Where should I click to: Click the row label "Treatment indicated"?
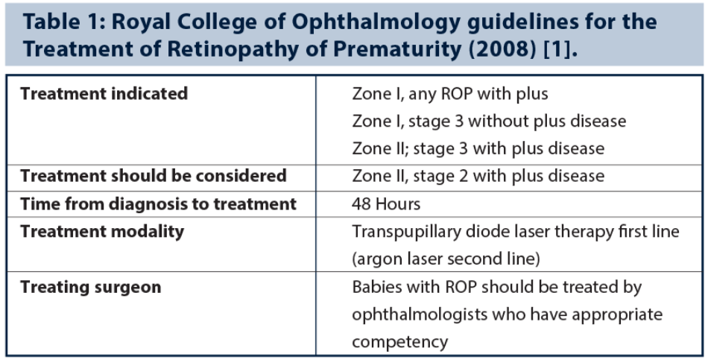point(104,93)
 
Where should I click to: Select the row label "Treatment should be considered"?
point(154,176)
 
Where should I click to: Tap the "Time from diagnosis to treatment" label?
point(159,203)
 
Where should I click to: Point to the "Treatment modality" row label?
point(102,232)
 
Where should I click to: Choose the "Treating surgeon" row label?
point(91,287)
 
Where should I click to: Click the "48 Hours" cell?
point(386,204)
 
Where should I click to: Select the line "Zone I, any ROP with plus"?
point(449,94)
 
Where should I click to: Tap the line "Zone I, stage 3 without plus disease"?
point(489,121)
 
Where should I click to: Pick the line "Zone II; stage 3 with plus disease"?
point(478,148)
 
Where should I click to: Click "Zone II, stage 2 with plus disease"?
point(478,176)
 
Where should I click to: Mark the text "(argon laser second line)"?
point(446,259)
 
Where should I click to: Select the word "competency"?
point(400,342)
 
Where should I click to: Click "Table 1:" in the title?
point(64,22)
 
